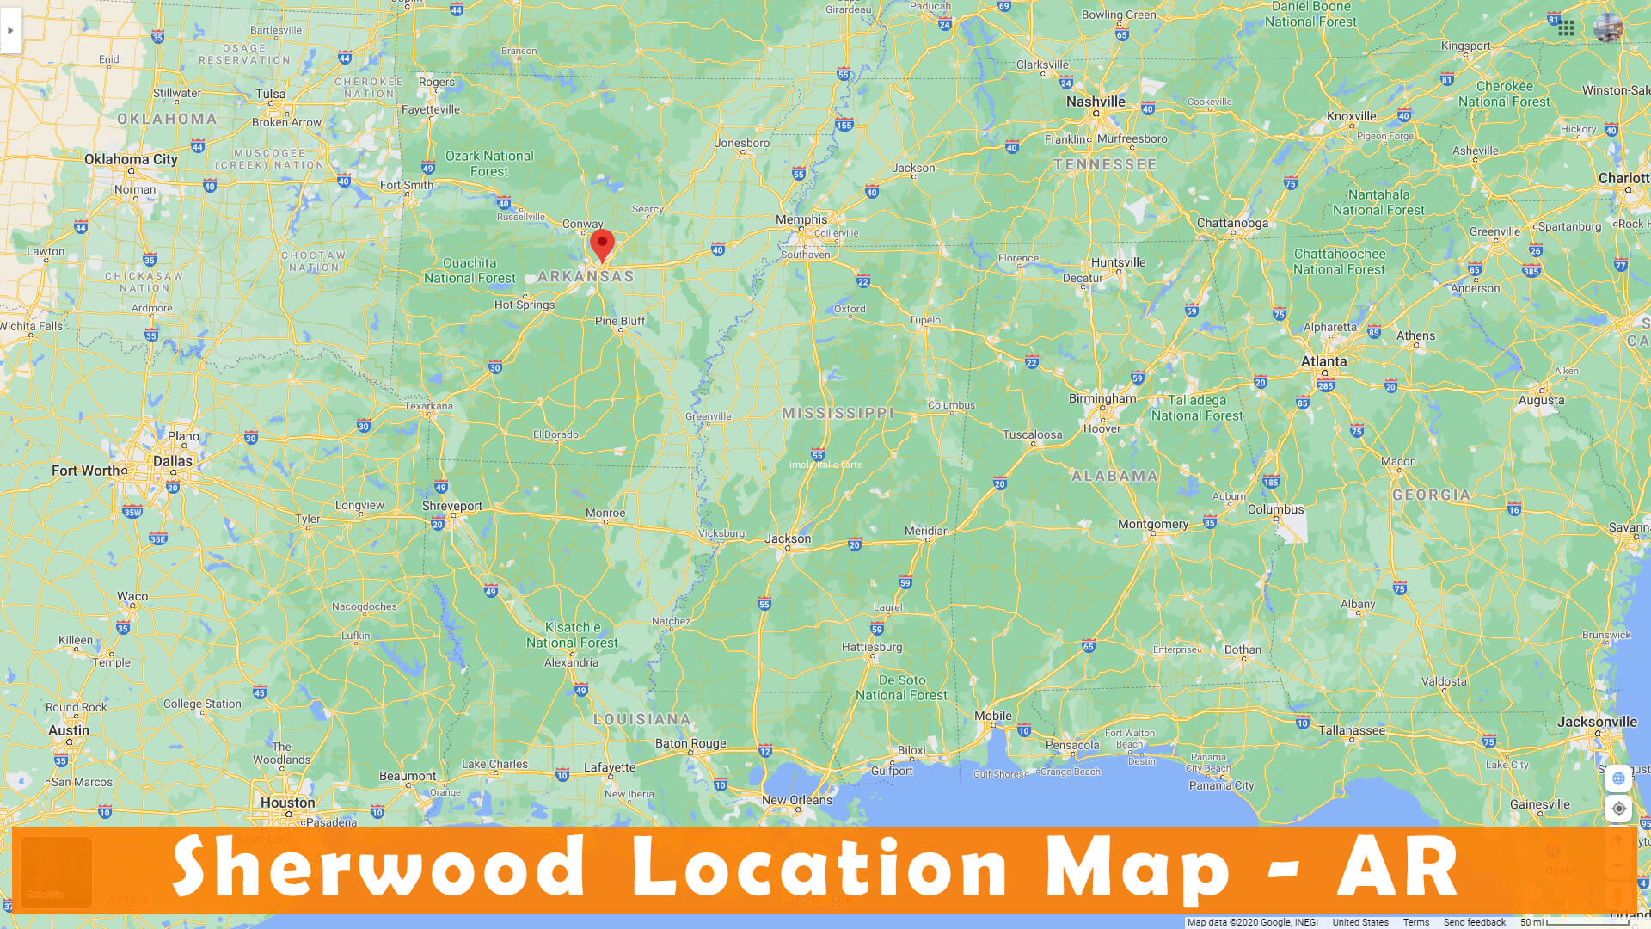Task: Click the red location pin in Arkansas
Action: (x=602, y=243)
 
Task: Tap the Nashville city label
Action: (x=1095, y=102)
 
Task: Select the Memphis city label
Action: (x=801, y=219)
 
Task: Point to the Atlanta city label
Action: (x=1323, y=361)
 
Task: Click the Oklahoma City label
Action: (x=131, y=159)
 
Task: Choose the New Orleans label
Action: (x=796, y=800)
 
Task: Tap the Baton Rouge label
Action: (x=690, y=743)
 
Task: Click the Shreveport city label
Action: (x=451, y=506)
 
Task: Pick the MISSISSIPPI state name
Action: (x=838, y=413)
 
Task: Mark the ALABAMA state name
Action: (x=1114, y=476)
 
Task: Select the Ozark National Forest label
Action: (x=489, y=163)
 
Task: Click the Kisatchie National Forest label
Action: (x=572, y=635)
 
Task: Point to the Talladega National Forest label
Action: (x=1197, y=408)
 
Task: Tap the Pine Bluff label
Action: (x=620, y=321)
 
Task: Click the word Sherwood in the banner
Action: (x=378, y=867)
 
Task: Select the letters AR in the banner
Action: (x=1397, y=867)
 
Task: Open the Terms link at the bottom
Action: (x=1415, y=922)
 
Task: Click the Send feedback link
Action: (x=1474, y=922)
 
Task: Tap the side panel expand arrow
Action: (x=10, y=31)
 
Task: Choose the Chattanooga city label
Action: (x=1232, y=223)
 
